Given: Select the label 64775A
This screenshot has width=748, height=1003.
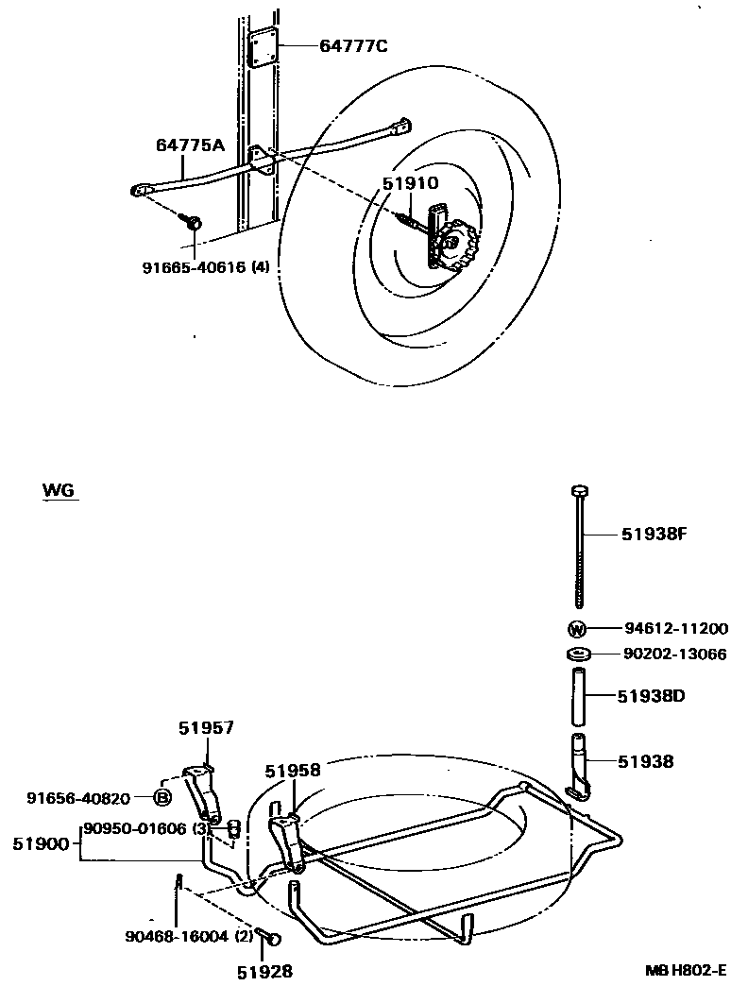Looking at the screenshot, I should click(x=191, y=144).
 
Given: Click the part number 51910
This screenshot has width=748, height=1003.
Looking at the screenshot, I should click(x=411, y=183).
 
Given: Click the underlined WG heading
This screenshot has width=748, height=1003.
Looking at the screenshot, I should click(x=59, y=491).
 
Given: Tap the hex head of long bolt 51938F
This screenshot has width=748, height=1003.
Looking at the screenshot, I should click(x=579, y=490).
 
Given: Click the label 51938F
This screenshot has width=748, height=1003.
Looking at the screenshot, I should click(x=653, y=534).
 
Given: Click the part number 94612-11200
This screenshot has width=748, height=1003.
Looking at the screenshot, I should click(x=675, y=629).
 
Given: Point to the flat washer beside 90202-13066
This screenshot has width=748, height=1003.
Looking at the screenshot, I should click(x=579, y=654).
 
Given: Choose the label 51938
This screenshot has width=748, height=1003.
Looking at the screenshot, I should click(x=647, y=760).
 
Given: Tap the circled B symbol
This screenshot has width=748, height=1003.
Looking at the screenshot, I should click(x=161, y=798).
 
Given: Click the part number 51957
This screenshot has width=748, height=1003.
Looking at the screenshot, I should click(x=206, y=727).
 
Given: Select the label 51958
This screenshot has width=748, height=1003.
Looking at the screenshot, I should click(x=293, y=770).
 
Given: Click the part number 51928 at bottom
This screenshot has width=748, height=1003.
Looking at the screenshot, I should click(x=263, y=970).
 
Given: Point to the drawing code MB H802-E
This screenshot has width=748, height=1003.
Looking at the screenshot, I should click(x=687, y=970).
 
